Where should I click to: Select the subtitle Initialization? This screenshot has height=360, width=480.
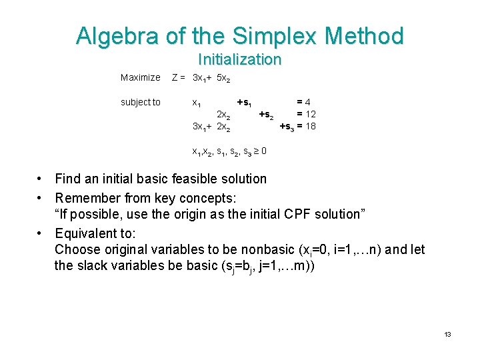coord(239,59)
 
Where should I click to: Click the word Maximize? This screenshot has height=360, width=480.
coord(140,78)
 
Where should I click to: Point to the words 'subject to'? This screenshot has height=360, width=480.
coord(140,102)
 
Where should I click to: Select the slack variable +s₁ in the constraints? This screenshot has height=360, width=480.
coord(244,103)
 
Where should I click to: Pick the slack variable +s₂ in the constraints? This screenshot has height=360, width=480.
coord(266,114)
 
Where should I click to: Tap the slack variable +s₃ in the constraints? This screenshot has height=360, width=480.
coord(287,126)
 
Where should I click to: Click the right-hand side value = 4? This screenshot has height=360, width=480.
coord(304,102)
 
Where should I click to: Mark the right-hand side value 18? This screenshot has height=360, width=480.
coord(310,126)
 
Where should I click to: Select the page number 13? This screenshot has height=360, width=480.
coord(447,334)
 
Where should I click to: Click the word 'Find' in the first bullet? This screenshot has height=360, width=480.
coord(68,179)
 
